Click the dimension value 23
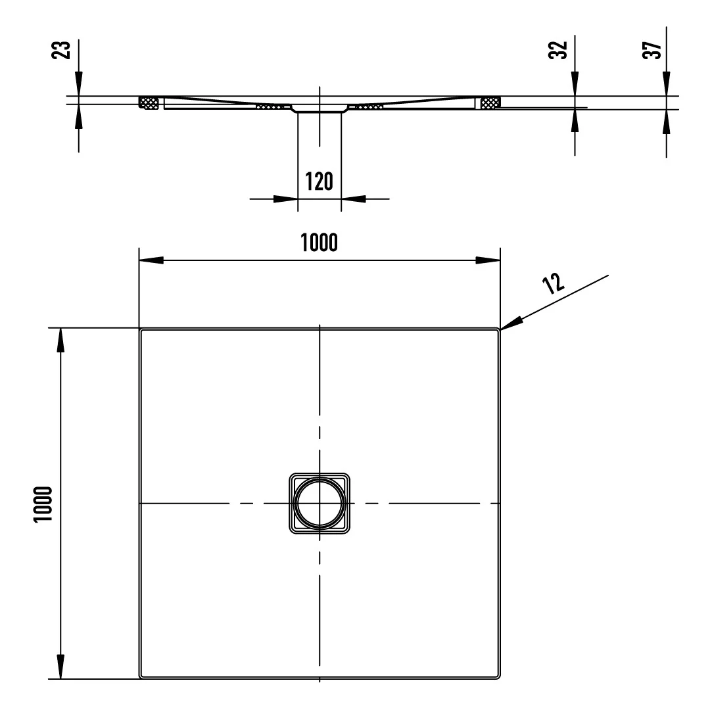pos(62,50)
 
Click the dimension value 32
pos(558,50)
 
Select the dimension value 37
pos(652,50)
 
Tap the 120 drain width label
pos(319,181)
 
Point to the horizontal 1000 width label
pos(319,243)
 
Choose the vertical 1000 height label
pos(43,504)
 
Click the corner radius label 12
pos(554,283)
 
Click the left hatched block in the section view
pos(149,103)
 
